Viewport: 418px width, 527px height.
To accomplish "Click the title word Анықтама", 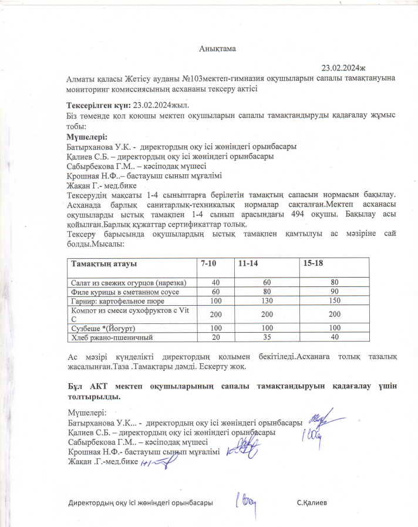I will pyautogui.click(x=216, y=49).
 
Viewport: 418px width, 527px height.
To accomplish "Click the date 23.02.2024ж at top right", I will pyautogui.click(x=345, y=68).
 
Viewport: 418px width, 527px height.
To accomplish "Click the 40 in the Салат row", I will pyautogui.click(x=216, y=282).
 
